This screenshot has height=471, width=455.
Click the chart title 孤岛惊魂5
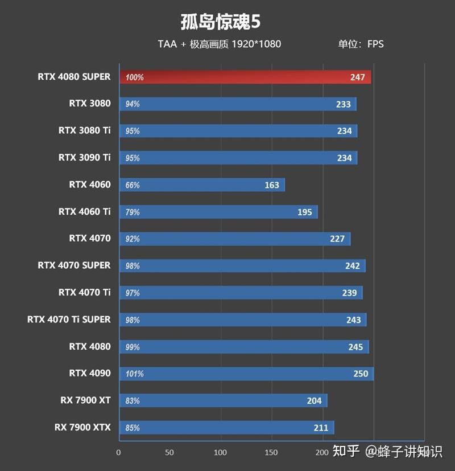point(220,21)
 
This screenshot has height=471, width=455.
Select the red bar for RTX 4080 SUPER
point(245,77)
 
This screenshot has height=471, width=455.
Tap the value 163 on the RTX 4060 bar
point(272,185)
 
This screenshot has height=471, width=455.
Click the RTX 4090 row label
point(90,374)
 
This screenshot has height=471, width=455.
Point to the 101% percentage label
point(135,374)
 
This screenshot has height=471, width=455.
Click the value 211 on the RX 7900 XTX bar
point(321,428)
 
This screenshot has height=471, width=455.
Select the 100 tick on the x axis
point(220,453)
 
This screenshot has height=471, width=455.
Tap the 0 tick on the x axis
point(118,453)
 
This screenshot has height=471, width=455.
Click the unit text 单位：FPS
point(361,44)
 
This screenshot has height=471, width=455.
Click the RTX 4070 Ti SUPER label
point(69,320)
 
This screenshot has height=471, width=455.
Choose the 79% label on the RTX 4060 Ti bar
point(133,212)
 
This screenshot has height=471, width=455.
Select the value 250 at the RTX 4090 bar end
point(361,374)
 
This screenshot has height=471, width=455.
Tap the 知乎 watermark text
point(346,452)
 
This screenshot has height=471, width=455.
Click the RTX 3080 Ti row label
point(84,130)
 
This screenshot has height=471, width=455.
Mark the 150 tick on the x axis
point(271,453)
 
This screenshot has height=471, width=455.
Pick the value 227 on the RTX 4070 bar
point(337,239)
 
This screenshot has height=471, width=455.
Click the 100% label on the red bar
point(135,77)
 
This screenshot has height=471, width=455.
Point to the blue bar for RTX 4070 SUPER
point(242,266)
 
